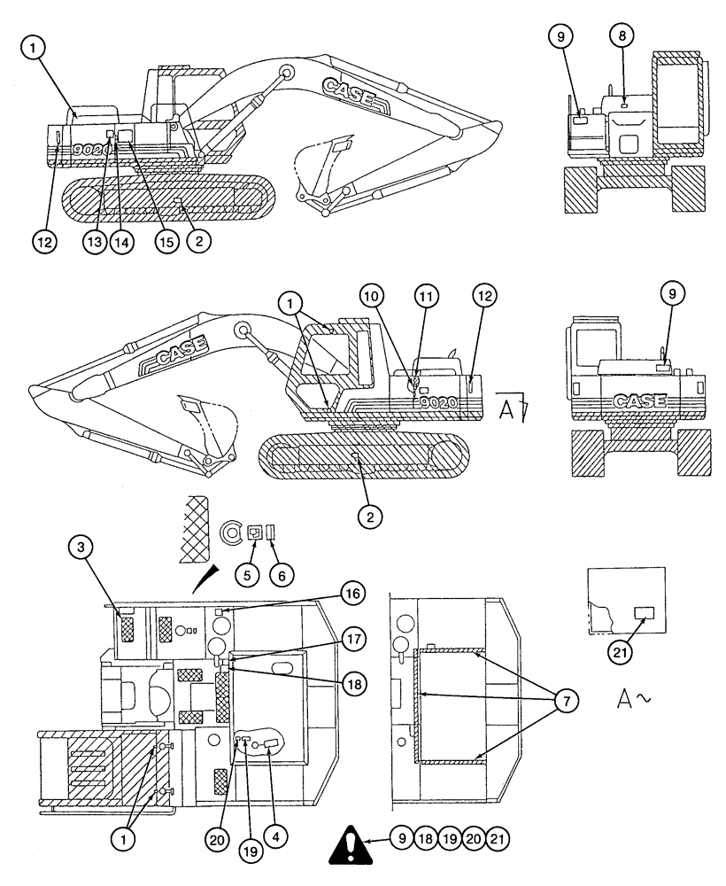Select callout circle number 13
pos(96,240)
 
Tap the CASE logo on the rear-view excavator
pos(638,400)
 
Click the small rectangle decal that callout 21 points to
pos(644,612)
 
